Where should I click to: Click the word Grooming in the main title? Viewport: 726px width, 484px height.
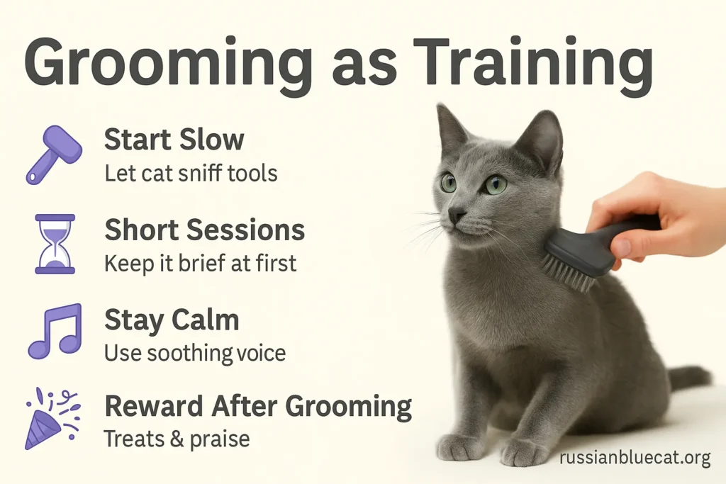click(168, 63)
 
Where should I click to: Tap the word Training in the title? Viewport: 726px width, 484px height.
click(532, 63)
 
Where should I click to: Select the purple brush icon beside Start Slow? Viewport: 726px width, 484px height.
click(54, 155)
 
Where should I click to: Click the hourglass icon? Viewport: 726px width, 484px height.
click(55, 244)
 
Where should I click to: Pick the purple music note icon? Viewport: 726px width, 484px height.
click(55, 332)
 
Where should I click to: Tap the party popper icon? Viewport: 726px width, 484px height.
click(52, 419)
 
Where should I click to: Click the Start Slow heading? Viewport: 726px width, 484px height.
click(174, 140)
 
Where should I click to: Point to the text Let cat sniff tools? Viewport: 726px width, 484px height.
click(191, 174)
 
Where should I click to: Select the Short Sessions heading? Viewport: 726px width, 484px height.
click(205, 230)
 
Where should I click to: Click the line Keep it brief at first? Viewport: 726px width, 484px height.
click(200, 264)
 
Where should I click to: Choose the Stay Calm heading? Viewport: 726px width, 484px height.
click(172, 320)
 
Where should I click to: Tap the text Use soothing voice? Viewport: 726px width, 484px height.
click(195, 353)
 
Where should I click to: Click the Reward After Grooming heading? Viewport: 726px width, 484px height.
click(258, 407)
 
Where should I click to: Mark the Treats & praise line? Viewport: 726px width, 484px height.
click(177, 439)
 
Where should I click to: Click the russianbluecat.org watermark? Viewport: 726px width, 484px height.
click(635, 458)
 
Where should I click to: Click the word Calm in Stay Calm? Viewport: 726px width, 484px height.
click(205, 320)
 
